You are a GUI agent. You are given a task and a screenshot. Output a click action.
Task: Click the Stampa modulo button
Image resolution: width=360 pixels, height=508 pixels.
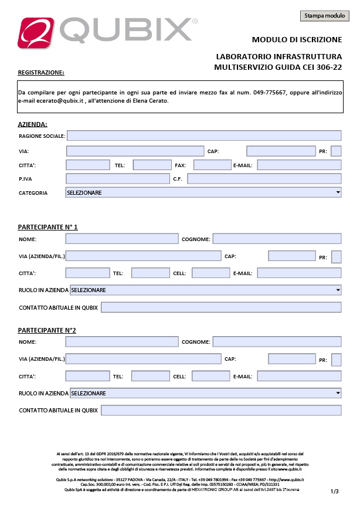coord(324,16)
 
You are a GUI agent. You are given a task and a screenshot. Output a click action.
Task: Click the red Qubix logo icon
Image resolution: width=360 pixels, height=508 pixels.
coord(37,31)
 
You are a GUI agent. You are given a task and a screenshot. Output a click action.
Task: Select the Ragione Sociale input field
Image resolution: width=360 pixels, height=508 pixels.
coord(204,136)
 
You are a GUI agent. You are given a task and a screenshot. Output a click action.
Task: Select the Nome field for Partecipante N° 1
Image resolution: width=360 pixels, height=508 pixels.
coord(121,239)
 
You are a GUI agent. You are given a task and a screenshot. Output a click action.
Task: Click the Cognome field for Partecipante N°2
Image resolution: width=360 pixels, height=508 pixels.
coord(277,341)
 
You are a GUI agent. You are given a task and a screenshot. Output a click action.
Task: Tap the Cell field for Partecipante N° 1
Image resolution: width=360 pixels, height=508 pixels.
coord(210,273)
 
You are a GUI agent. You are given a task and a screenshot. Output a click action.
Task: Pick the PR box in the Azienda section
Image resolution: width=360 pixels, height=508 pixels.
coord(336,151)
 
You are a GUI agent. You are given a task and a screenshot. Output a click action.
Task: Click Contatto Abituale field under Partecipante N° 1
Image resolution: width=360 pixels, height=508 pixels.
coord(221,307)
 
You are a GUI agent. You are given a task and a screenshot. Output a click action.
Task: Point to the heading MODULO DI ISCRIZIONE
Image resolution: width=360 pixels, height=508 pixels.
coord(297,40)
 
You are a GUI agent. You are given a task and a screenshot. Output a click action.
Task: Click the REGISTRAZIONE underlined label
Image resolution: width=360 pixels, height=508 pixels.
coord(41,73)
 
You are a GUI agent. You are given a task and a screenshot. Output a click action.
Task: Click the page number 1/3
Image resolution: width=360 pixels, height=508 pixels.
coord(335,491)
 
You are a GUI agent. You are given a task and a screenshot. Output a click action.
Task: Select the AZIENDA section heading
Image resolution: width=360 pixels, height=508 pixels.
coord(33,124)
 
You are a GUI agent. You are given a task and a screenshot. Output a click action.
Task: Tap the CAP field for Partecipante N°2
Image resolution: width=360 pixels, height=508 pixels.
coord(291,359)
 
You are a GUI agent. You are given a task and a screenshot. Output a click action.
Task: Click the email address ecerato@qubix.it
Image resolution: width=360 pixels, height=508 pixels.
coord(59,101)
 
